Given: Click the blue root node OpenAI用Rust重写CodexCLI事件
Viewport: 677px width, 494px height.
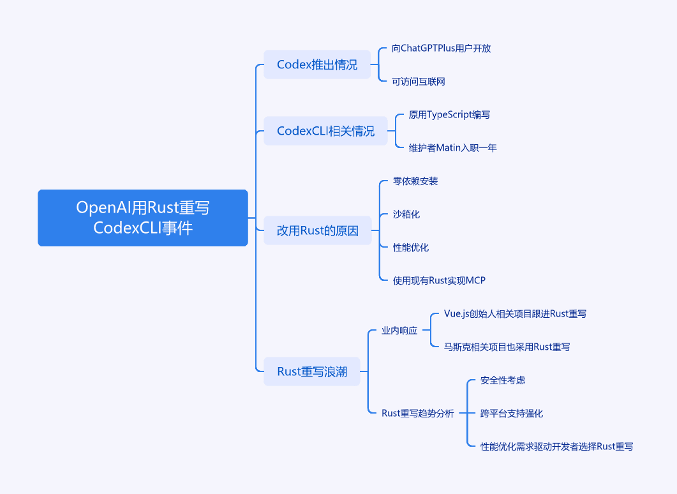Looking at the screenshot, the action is click(143, 218).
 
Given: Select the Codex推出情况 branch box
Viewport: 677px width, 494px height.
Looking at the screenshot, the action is click(317, 64).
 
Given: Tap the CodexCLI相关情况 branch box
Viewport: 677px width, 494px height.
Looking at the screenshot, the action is click(325, 131).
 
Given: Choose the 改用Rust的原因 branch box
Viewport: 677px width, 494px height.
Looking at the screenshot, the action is click(318, 230).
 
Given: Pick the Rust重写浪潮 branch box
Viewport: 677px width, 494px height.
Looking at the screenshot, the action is click(312, 371).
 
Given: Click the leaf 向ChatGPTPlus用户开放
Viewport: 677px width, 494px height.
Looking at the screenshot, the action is click(442, 49).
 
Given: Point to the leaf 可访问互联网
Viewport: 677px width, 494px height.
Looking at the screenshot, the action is click(419, 82).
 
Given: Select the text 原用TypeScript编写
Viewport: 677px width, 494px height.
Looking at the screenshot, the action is click(449, 115).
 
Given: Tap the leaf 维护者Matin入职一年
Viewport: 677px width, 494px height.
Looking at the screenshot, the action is click(453, 147).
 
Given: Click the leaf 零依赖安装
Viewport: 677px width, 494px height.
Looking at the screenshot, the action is click(415, 181).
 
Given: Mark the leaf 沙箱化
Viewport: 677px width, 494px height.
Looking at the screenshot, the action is click(406, 214).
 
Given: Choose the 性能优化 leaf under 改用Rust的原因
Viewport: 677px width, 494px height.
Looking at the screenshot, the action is click(411, 248).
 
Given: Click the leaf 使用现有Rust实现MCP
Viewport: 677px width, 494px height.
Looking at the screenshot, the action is click(439, 281).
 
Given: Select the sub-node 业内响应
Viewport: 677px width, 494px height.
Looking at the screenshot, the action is click(399, 331).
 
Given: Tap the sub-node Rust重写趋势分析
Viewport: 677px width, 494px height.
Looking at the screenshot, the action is click(417, 413).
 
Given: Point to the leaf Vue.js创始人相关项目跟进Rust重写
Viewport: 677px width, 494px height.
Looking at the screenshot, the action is click(515, 314).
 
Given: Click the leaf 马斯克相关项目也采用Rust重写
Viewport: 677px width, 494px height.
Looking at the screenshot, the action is click(507, 347).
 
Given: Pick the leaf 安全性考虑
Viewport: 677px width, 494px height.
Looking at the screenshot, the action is click(503, 380).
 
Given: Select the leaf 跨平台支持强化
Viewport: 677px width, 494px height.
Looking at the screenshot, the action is click(512, 413).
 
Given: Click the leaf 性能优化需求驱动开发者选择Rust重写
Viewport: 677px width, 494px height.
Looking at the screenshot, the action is click(557, 447).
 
